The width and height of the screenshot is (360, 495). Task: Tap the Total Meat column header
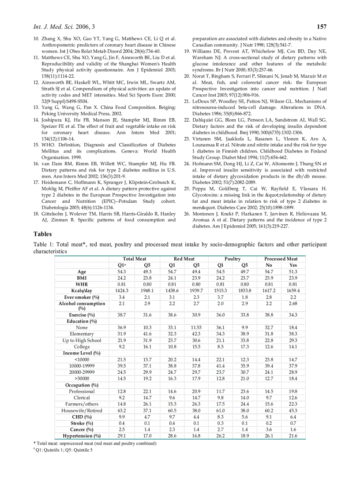(x=135, y=259)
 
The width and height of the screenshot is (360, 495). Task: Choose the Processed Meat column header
(x=281, y=259)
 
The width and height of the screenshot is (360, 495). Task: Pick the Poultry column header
(x=232, y=259)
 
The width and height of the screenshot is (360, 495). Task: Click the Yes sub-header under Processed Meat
(x=293, y=265)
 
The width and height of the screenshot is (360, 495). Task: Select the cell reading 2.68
(x=293, y=304)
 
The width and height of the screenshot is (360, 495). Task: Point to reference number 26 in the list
(x=187, y=214)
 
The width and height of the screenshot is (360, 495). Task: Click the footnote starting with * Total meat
(x=95, y=443)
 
